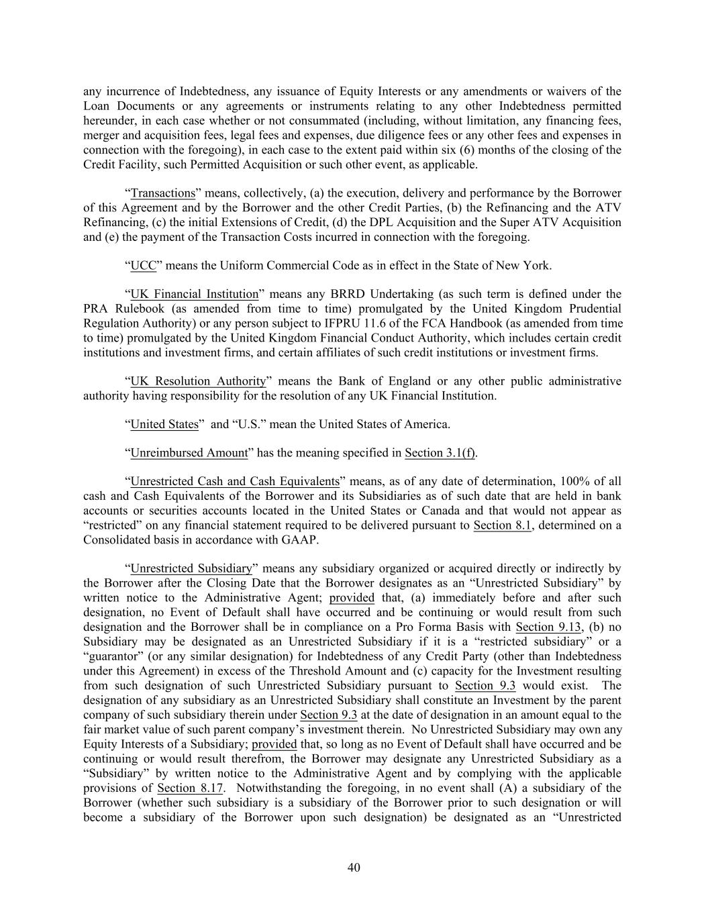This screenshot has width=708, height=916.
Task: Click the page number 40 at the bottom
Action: [x=354, y=868]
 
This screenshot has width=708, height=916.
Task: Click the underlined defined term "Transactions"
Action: [x=162, y=193]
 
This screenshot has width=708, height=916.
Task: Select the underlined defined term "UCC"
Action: [x=143, y=265]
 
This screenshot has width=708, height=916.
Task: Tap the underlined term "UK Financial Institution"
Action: [x=194, y=294]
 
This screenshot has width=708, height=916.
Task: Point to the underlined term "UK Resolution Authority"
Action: [x=198, y=381]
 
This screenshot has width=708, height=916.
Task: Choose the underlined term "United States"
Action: [x=164, y=424]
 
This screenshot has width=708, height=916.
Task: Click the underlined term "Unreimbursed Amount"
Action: [x=189, y=453]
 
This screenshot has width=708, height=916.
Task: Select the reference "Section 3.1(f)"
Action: [x=440, y=453]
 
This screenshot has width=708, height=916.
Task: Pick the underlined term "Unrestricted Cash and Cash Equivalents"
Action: [x=235, y=482]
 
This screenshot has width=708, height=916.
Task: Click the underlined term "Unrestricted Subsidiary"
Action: [x=191, y=568]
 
